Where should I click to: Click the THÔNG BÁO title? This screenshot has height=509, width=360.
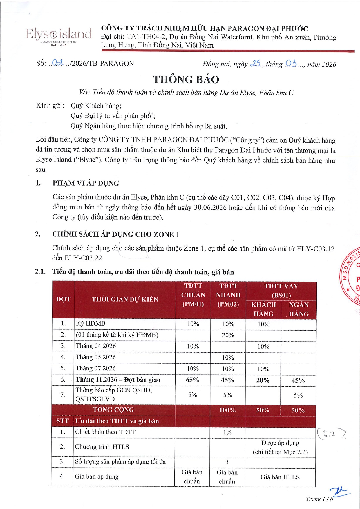click(x=186, y=79)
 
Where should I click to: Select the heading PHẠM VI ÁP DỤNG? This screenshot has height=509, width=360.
click(x=86, y=183)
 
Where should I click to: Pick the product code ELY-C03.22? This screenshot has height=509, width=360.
click(x=83, y=258)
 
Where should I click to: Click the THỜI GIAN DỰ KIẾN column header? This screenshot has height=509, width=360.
click(x=125, y=299)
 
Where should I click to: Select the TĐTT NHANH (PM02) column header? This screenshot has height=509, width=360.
click(x=228, y=295)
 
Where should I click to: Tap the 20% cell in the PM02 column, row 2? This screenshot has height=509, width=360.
click(x=228, y=335)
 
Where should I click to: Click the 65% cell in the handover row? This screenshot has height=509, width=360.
click(x=192, y=380)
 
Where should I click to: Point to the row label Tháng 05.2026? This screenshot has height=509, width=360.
click(x=96, y=357)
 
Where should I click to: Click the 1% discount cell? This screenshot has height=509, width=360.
click(x=227, y=432)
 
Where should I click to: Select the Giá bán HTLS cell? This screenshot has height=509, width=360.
click(x=280, y=477)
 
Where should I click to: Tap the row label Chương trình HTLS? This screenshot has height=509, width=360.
click(x=102, y=447)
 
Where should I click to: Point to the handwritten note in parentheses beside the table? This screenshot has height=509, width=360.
click(x=331, y=434)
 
